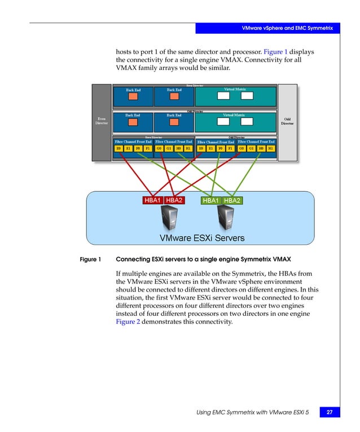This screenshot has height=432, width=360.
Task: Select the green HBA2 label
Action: (232, 200)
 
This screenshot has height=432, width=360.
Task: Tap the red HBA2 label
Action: (174, 200)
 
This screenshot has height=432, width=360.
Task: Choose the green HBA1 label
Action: (211, 200)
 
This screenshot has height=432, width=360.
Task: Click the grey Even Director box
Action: (101, 122)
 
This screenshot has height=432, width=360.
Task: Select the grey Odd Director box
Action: (287, 122)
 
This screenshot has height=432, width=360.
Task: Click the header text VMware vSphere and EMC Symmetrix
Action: (287, 28)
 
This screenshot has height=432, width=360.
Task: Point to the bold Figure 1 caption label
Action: (90, 260)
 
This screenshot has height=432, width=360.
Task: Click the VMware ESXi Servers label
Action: (202, 238)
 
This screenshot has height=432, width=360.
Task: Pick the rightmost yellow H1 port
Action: (270, 148)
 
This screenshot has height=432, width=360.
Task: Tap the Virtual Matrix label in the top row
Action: (235, 89)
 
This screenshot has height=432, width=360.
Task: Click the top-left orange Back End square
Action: (133, 97)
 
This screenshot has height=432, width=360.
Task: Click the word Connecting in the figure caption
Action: (133, 260)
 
